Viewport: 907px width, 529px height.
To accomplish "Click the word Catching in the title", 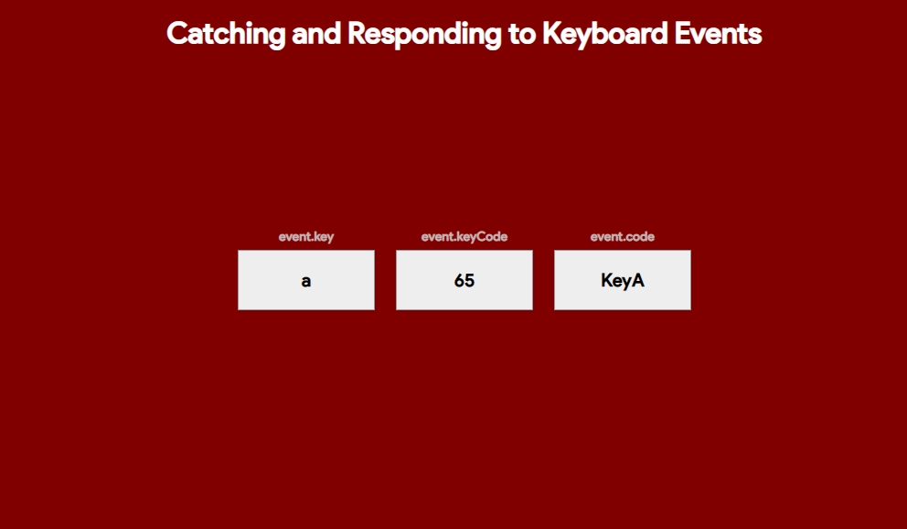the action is (226, 34).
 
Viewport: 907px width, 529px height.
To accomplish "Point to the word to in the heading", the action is (522, 34).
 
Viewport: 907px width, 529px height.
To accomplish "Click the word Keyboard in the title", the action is (605, 34).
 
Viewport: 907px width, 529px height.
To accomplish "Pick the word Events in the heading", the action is (718, 34).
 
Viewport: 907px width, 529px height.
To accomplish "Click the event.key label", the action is (306, 237).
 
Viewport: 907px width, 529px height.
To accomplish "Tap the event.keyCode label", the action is (464, 237).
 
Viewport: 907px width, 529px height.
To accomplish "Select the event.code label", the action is (623, 237).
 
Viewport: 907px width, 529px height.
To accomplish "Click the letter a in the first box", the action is (306, 281).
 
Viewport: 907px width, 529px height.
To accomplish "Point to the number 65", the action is (464, 281).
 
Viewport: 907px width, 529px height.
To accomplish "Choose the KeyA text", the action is (623, 281).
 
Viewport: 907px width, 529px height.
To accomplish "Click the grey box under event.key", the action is (306, 280).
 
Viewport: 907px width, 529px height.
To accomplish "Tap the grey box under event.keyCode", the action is (464, 280).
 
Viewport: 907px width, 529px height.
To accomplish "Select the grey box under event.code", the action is (623, 280).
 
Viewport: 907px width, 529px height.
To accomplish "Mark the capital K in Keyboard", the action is (552, 34).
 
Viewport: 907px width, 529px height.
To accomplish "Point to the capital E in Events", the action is (683, 34).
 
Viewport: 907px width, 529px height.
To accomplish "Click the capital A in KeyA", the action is (637, 281).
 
